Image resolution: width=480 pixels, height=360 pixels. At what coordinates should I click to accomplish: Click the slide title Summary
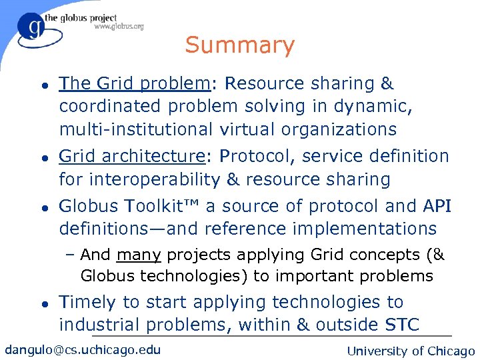point(239,45)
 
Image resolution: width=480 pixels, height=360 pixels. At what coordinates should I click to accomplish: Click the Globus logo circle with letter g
point(31,28)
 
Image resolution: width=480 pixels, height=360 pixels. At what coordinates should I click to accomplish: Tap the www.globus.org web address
point(118,27)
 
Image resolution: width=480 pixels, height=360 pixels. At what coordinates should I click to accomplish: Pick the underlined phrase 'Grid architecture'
point(131,156)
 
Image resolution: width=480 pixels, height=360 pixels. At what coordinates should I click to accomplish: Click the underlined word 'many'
point(139,255)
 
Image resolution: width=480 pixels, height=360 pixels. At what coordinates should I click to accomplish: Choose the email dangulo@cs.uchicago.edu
point(83,349)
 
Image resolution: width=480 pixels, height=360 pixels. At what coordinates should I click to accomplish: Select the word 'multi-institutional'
point(134,129)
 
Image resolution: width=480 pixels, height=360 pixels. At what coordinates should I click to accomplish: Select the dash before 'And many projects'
point(71,255)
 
